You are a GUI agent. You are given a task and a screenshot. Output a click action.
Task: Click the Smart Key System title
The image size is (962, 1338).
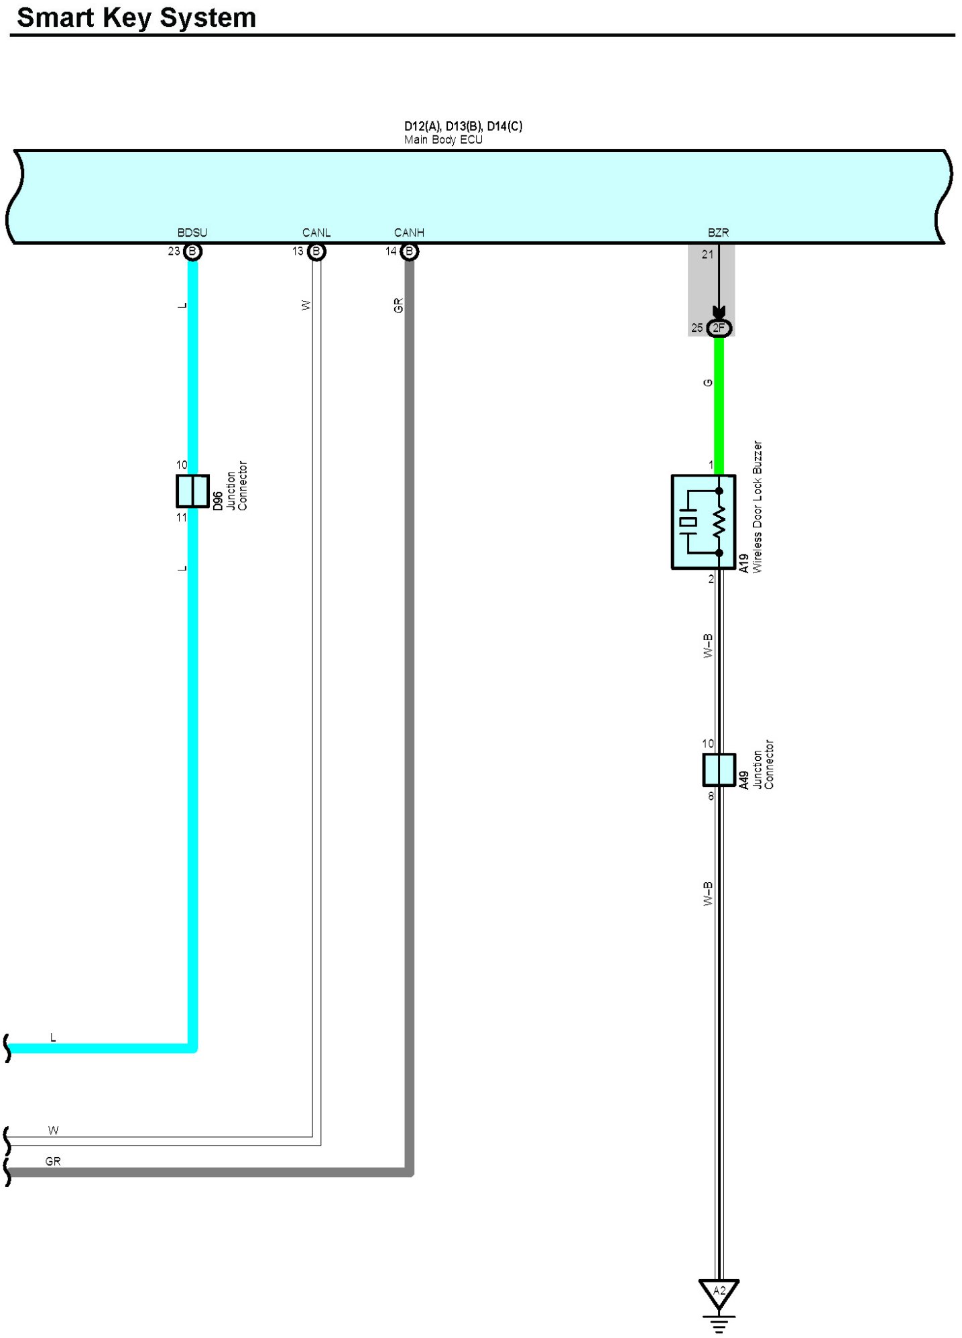pos(136,18)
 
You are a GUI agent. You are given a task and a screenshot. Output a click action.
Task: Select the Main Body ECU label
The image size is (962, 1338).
pos(443,140)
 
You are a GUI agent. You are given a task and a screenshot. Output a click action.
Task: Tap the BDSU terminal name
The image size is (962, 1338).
pos(192,233)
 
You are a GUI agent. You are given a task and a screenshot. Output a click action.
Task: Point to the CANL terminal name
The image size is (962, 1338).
pos(316,233)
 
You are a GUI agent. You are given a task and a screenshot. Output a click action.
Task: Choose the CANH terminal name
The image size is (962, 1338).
pos(409,233)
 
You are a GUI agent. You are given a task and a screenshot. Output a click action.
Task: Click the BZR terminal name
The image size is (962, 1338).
pos(718,233)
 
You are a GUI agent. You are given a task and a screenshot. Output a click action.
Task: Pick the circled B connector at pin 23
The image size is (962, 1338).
pos(193,252)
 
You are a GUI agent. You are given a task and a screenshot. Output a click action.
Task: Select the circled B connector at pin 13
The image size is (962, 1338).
pos(316,252)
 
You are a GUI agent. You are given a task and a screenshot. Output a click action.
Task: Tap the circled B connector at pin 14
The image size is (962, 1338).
pos(410,252)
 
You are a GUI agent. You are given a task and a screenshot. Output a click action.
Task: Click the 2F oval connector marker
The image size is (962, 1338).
pos(719,328)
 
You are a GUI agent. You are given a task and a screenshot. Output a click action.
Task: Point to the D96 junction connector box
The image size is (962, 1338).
pos(192,491)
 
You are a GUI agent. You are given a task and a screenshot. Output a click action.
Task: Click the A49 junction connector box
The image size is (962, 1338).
pos(719,770)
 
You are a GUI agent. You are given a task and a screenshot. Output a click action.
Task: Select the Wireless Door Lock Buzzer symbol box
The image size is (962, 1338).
pos(703,522)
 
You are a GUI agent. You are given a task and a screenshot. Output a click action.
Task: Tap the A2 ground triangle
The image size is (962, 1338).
pos(719,1293)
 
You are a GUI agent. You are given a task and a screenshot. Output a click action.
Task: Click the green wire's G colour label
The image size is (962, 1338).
pos(707,383)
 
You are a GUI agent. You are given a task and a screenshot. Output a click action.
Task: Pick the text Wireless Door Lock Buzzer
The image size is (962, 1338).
pos(758,507)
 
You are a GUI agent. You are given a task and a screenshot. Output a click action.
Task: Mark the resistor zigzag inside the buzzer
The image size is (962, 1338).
pos(719,522)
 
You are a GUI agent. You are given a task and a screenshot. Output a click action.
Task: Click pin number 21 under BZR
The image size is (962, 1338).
pos(708,255)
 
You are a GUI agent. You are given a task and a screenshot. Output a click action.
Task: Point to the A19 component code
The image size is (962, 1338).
pos(743,564)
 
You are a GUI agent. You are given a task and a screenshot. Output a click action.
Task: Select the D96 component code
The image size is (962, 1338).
pos(218,501)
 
